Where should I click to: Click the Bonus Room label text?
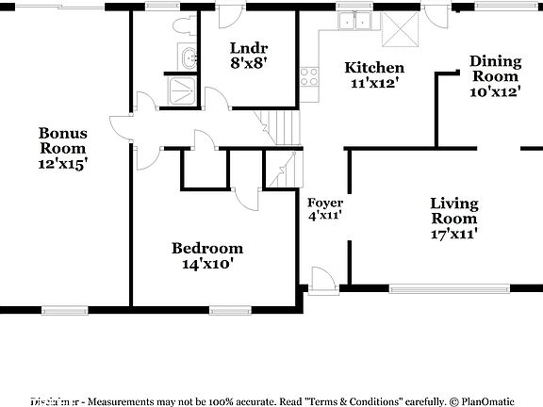[62, 140]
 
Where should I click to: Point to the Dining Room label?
[495, 69]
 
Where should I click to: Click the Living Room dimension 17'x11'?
[453, 235]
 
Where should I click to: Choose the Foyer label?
[325, 203]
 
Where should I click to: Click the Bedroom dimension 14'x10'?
[206, 264]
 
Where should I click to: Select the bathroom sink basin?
[189, 57]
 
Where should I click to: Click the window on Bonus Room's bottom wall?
[67, 308]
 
